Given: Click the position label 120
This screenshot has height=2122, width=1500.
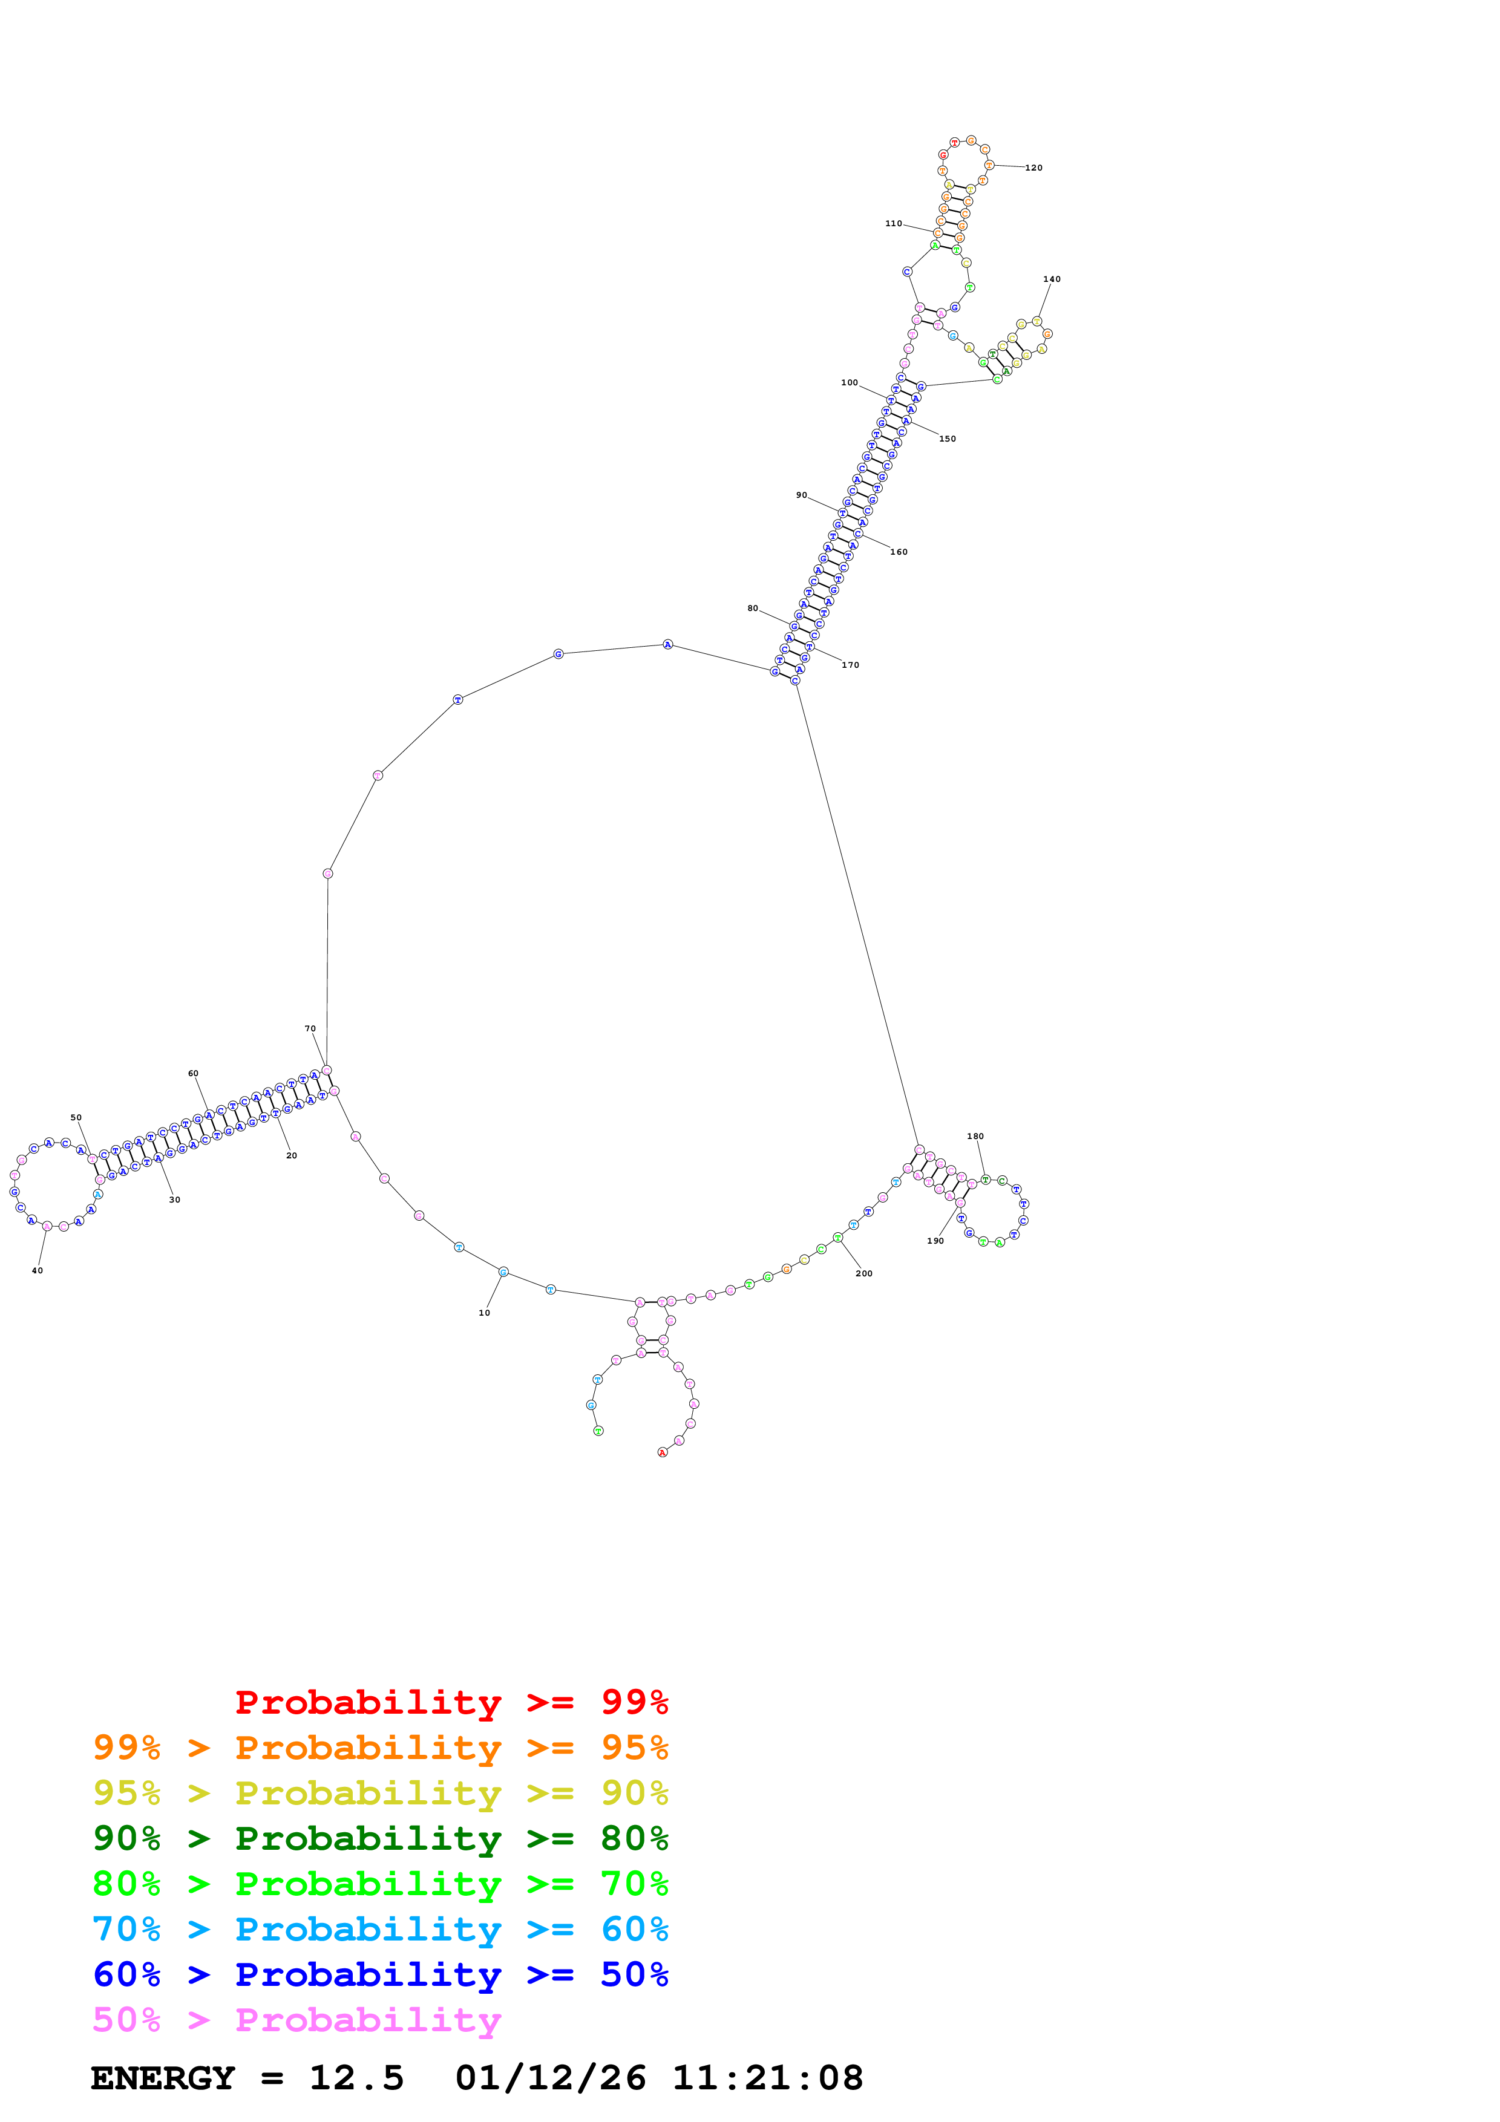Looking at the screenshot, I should coord(1033,168).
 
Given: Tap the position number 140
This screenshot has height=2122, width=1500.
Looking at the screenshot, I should coord(1052,279).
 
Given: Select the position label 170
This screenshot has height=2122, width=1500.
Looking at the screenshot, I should coord(850,665).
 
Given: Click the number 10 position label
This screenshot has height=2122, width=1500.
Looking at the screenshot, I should coord(484,1313).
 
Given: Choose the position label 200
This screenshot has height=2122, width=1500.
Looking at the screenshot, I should coord(864,1273).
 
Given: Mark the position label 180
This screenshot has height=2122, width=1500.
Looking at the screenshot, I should coord(975,1137).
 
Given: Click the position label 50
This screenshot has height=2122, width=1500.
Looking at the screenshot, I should coord(76,1117).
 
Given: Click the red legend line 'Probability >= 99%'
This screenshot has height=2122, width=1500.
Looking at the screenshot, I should coord(451,1702).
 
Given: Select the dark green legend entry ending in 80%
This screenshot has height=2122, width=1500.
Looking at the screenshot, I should coord(381,1838).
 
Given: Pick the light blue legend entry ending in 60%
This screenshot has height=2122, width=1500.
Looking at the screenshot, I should coord(381,1930).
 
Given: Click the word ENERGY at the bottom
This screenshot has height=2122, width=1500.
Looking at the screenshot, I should coord(163,2078).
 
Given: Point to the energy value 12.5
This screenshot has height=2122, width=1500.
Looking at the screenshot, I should coord(357,2078).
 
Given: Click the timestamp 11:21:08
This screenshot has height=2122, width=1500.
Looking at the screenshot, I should coord(767,2078).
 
